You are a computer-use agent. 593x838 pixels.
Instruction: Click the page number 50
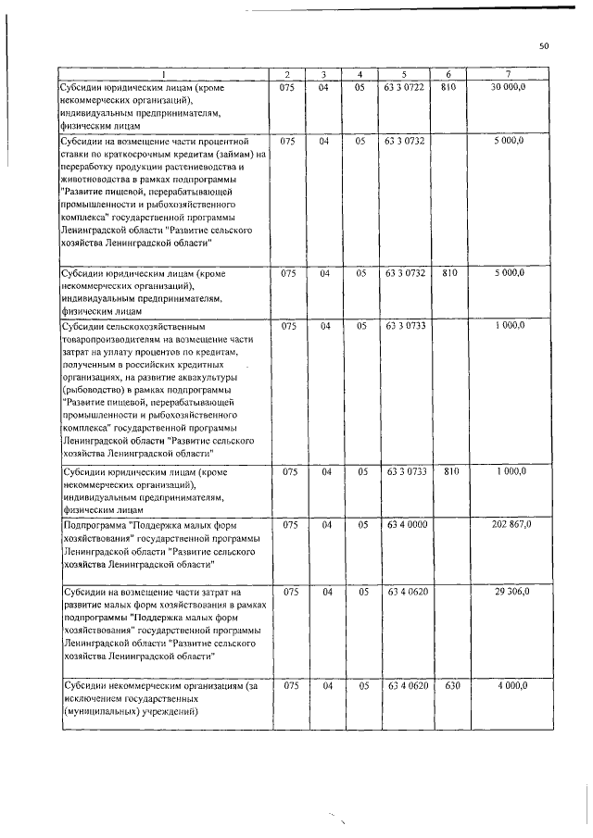tap(544, 45)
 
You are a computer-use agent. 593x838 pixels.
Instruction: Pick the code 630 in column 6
tap(448, 685)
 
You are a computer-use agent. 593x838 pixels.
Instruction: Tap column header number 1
tap(164, 73)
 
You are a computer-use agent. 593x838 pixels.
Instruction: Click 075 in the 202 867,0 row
tap(288, 524)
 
